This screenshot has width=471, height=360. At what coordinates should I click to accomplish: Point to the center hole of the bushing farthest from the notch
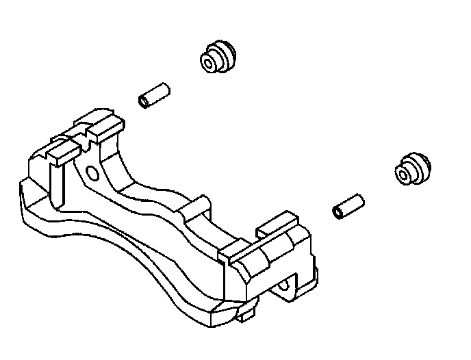coord(404,175)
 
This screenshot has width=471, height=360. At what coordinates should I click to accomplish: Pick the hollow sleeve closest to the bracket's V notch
coord(154,95)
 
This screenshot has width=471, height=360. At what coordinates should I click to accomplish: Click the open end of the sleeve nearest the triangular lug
coord(338,212)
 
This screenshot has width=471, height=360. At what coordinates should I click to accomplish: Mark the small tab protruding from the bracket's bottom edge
coord(247,315)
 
